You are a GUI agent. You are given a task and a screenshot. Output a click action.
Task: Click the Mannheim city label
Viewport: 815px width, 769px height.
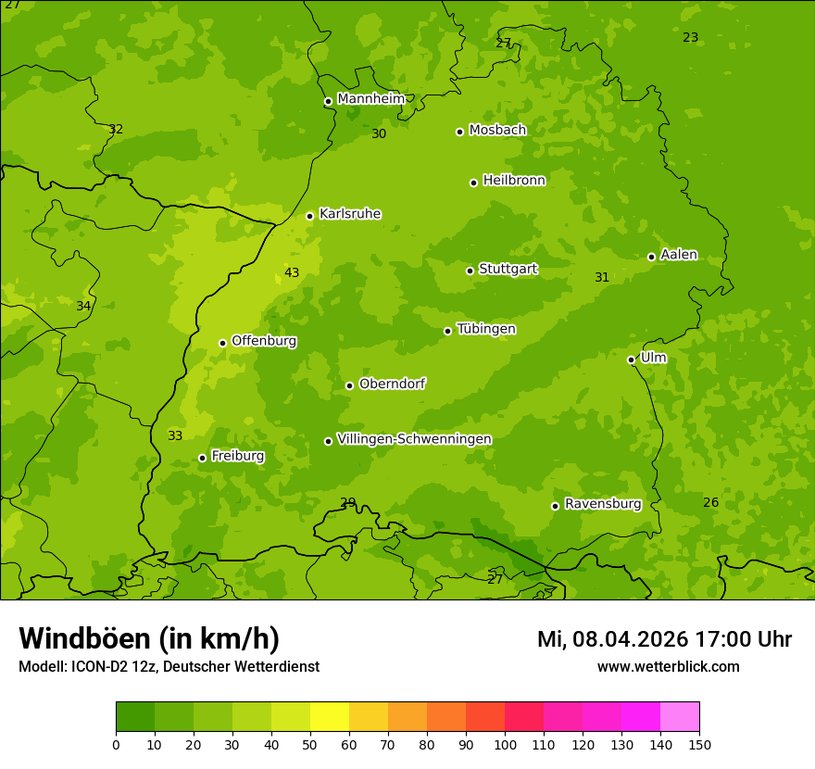(370, 99)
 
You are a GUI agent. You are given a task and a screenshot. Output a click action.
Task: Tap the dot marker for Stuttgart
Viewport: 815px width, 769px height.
(470, 271)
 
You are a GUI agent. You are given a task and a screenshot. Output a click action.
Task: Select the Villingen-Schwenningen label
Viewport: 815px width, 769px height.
(414, 439)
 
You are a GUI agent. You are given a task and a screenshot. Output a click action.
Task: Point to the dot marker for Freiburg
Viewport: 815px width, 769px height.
(202, 458)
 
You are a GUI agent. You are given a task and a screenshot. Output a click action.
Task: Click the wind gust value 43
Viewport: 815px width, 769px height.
(292, 272)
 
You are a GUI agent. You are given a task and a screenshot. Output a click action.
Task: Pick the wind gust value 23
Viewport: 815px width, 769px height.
(690, 38)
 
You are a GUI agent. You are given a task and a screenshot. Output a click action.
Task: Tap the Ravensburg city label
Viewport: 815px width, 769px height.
(602, 504)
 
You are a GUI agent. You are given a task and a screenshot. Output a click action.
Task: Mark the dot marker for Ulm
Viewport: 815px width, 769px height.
(631, 359)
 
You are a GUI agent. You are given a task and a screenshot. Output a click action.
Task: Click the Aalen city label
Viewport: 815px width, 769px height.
(678, 255)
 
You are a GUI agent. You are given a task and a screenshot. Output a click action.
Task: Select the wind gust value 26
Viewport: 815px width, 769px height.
(710, 502)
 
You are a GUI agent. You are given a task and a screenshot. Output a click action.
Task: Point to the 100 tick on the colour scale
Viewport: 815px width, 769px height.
(505, 744)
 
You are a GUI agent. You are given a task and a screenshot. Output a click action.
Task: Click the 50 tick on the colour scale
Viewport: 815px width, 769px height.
(310, 744)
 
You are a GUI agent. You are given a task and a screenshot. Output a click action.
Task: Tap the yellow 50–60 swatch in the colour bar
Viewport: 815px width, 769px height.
(330, 717)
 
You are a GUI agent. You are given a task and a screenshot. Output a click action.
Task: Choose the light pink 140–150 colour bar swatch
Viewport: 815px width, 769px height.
(680, 717)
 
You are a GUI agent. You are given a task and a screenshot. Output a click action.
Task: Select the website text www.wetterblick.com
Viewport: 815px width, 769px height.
(668, 666)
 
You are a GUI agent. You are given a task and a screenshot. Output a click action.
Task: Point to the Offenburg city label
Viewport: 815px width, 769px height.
(263, 341)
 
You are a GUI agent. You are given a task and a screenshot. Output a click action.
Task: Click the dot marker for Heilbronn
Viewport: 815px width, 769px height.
(473, 183)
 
